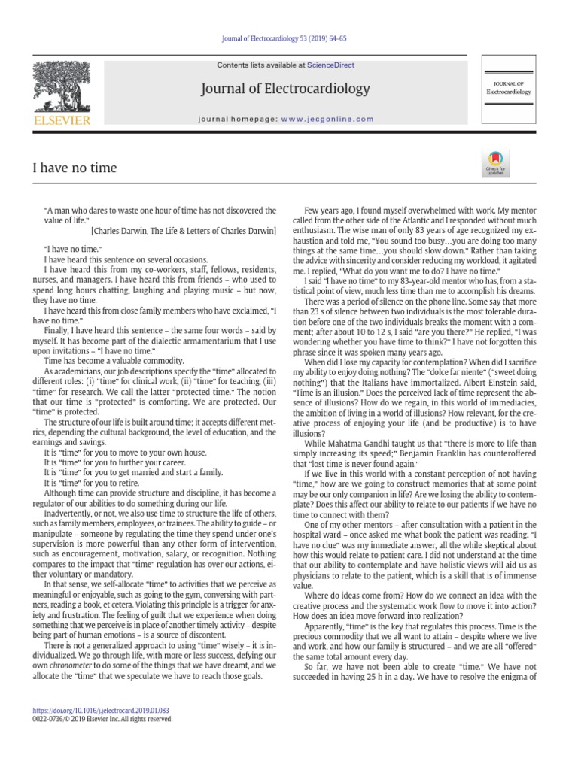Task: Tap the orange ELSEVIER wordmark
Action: [x=60, y=120]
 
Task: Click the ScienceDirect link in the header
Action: [x=336, y=65]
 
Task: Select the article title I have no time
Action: [x=75, y=167]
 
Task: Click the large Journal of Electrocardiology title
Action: [x=285, y=89]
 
